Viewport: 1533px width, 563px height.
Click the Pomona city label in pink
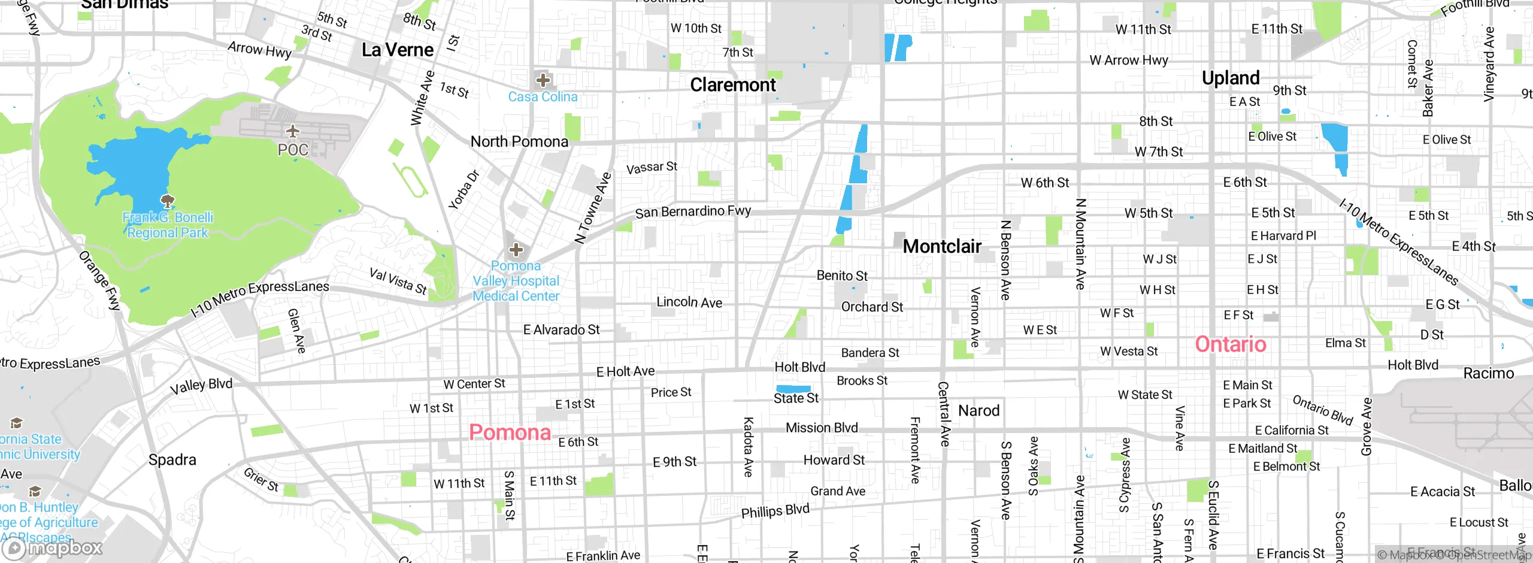click(510, 432)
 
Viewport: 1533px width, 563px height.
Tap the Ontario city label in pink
click(1231, 344)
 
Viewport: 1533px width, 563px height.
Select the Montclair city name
click(942, 246)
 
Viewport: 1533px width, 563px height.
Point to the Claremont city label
click(732, 85)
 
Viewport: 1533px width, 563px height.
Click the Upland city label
click(1231, 78)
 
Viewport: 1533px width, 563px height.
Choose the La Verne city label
click(398, 50)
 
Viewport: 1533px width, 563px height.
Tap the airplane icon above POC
click(293, 131)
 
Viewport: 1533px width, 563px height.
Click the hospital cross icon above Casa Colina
click(543, 80)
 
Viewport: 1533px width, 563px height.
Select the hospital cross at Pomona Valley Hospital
click(516, 250)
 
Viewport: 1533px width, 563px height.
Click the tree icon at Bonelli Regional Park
click(168, 201)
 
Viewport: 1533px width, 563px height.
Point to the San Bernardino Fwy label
click(693, 211)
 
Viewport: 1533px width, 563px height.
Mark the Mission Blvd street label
click(822, 428)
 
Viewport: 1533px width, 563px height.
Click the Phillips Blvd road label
click(775, 511)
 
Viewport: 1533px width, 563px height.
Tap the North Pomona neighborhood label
click(519, 142)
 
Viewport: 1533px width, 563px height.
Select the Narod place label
click(978, 411)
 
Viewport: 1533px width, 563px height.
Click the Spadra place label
click(172, 460)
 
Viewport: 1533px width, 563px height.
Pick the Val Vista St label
click(398, 281)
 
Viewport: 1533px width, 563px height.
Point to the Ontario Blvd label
click(1323, 410)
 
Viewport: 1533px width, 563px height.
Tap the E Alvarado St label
click(561, 330)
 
